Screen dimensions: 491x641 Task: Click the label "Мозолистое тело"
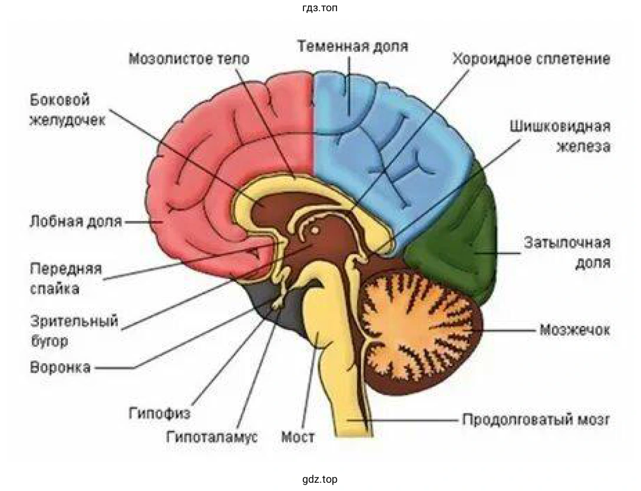pos(189,59)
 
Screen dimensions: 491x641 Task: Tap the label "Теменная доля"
pos(352,47)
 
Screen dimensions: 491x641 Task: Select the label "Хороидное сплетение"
pos(531,59)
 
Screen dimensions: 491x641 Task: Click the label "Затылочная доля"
pos(567,252)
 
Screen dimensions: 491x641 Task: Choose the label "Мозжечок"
pos(574,329)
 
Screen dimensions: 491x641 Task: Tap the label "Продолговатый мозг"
pos(536,420)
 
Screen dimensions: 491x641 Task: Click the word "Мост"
pos(298,437)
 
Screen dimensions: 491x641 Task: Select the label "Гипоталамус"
pos(212,437)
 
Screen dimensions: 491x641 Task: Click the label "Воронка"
pos(60,367)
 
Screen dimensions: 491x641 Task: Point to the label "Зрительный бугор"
pos(74,331)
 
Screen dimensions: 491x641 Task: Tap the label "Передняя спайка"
pos(65,279)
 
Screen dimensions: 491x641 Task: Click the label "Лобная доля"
pos(76,222)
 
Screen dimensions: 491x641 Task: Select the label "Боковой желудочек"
pos(67,110)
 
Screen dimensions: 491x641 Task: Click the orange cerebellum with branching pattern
pos(418,330)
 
